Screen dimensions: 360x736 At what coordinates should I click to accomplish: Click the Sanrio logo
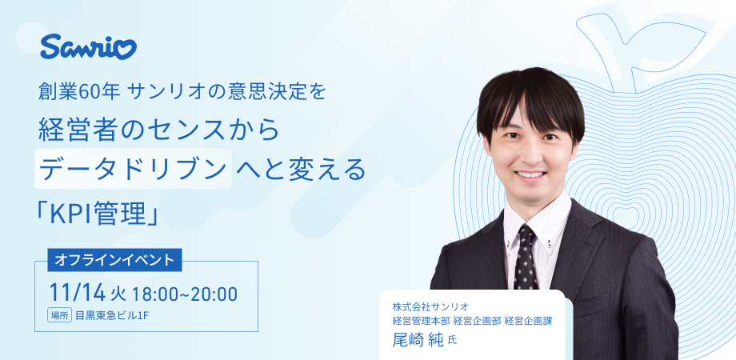click(88, 47)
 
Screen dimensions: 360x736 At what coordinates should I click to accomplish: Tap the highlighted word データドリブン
click(134, 168)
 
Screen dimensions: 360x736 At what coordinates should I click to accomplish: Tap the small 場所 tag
click(59, 314)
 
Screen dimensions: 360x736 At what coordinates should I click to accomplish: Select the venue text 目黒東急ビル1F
click(112, 314)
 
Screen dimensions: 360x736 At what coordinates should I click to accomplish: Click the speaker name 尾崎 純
click(418, 338)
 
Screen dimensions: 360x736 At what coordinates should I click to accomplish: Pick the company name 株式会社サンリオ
click(430, 306)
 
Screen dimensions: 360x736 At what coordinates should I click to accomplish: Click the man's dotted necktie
click(526, 256)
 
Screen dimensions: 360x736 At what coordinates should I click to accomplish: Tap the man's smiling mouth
click(529, 174)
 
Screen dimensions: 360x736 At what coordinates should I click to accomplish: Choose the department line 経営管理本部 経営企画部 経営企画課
click(472, 321)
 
